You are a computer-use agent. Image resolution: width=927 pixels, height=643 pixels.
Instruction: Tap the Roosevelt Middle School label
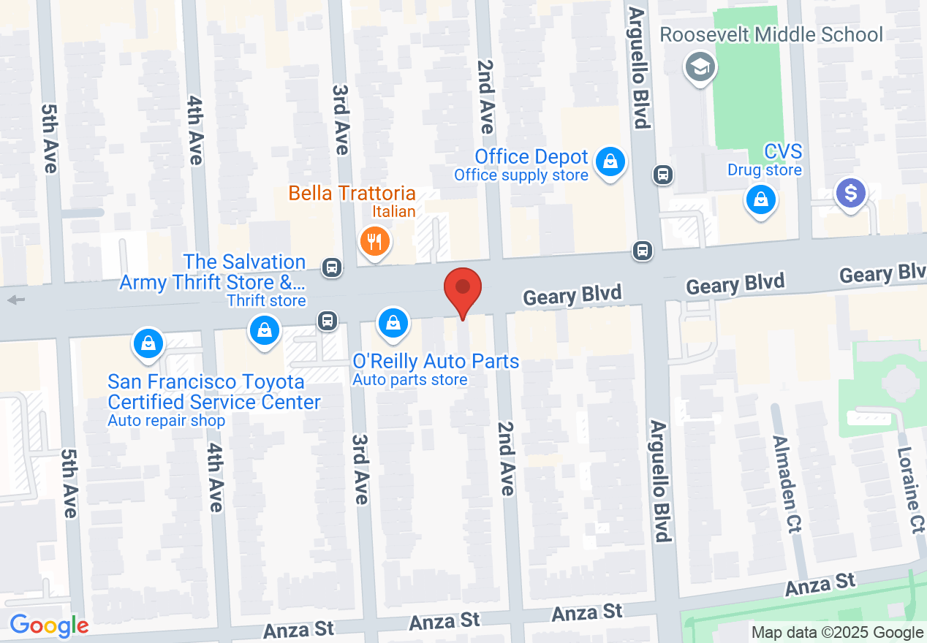[x=771, y=34]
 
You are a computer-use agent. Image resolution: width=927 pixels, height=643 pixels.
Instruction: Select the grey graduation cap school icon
[x=700, y=68]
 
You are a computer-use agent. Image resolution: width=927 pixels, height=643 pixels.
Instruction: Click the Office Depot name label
[x=531, y=156]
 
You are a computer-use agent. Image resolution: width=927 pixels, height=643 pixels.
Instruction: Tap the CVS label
[x=783, y=152]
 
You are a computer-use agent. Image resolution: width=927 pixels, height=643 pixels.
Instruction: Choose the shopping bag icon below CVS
[x=760, y=199]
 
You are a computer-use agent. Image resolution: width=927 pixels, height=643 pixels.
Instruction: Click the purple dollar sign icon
[x=851, y=194]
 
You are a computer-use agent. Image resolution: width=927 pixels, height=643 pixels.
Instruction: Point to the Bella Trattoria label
[x=352, y=194]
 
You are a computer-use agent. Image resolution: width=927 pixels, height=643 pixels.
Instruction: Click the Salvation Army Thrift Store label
[x=212, y=272]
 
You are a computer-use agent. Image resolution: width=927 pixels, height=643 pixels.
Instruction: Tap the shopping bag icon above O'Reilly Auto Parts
[x=393, y=322]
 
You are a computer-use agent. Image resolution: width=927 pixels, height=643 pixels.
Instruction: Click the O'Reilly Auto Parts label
[x=436, y=361]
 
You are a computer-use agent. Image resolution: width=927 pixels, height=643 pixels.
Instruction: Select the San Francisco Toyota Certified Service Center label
[x=213, y=392]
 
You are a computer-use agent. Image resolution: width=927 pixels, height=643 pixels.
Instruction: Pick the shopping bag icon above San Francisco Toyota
[x=148, y=343]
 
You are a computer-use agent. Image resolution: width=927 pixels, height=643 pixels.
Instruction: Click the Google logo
[x=49, y=625]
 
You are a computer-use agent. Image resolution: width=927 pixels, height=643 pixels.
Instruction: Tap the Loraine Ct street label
[x=909, y=490]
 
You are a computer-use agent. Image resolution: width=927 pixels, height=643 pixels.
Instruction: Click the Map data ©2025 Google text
[x=837, y=633]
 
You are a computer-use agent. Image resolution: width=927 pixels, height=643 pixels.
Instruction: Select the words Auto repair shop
[x=167, y=421]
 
